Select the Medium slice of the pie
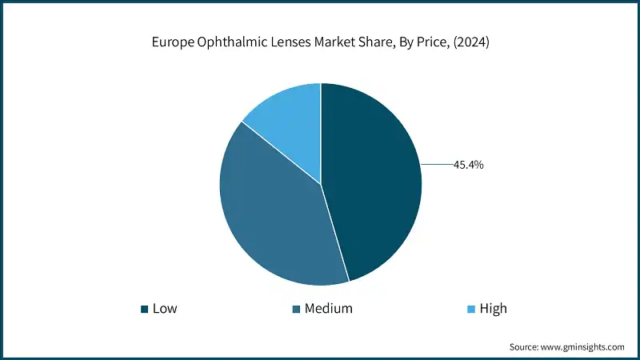click(272, 216)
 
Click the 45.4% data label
click(469, 166)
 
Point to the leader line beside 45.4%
click(436, 165)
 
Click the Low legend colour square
click(144, 309)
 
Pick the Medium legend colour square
click(296, 309)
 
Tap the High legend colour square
click(470, 309)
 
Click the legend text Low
click(165, 309)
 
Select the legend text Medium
click(329, 309)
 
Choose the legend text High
click(493, 309)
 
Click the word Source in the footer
click(526, 347)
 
